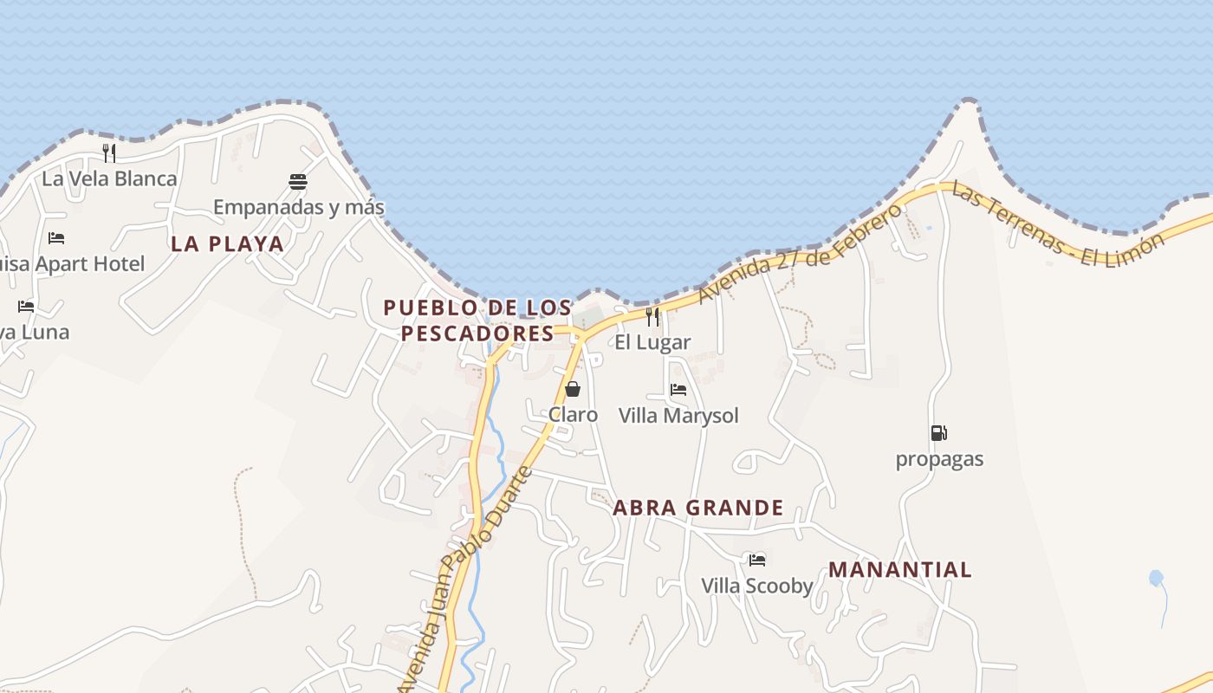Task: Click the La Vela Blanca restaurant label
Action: pos(109,179)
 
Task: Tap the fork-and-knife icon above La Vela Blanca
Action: pos(109,153)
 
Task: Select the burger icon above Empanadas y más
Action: pos(298,182)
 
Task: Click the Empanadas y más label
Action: pos(299,208)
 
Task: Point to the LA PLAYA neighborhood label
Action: pos(227,244)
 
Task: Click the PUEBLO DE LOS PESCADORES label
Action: pos(477,321)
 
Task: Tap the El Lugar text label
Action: pos(652,342)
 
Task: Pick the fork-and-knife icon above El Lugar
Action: pos(652,317)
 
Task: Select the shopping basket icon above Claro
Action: pos(572,389)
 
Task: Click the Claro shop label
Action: pos(573,415)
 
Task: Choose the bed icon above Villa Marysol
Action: pos(678,390)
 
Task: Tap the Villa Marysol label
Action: pos(678,416)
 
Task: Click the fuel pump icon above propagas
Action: pos(939,433)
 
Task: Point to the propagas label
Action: pos(939,459)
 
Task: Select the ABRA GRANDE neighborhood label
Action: pos(698,508)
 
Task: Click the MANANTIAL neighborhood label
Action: pos(900,570)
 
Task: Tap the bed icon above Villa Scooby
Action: pos(757,560)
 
